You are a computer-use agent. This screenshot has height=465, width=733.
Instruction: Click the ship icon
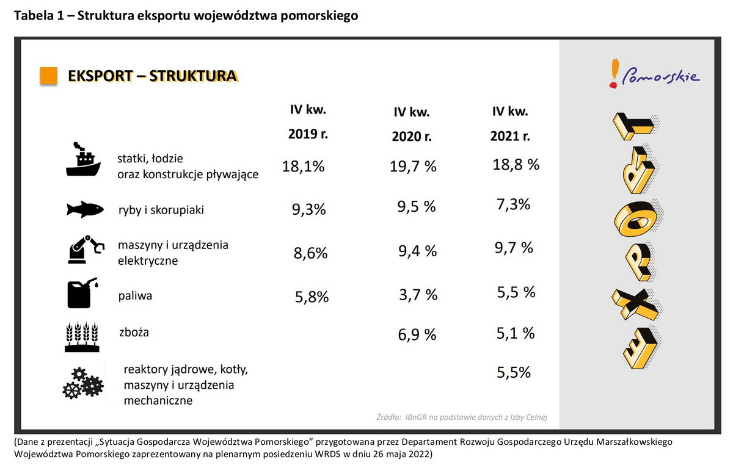pos(82,160)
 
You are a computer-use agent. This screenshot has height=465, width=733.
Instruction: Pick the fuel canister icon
pos(82,294)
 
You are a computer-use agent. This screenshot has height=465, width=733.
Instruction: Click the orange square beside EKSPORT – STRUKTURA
pos(49,76)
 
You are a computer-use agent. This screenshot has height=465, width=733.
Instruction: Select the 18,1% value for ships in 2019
pos(303,167)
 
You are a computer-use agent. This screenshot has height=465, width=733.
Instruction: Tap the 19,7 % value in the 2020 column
pos(414,167)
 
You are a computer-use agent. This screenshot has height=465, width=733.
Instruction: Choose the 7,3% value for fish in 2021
pos(512,204)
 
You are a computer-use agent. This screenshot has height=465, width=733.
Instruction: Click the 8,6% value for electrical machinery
pos(311,253)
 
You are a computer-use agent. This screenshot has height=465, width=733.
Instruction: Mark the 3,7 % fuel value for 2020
pos(418,295)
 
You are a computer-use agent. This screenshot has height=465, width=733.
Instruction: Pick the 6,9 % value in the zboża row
pos(417,334)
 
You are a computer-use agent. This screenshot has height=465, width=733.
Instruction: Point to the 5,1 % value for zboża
pos(516,333)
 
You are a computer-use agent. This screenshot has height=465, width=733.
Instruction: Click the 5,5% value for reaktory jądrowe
pos(512,372)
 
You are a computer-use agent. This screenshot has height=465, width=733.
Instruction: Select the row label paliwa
pos(135,297)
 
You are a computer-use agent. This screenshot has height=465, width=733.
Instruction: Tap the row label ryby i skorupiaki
pos(161,210)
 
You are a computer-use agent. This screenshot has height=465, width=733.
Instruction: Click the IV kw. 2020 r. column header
pos(412,124)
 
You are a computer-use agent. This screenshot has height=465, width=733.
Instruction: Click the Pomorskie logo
pos(654,74)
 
